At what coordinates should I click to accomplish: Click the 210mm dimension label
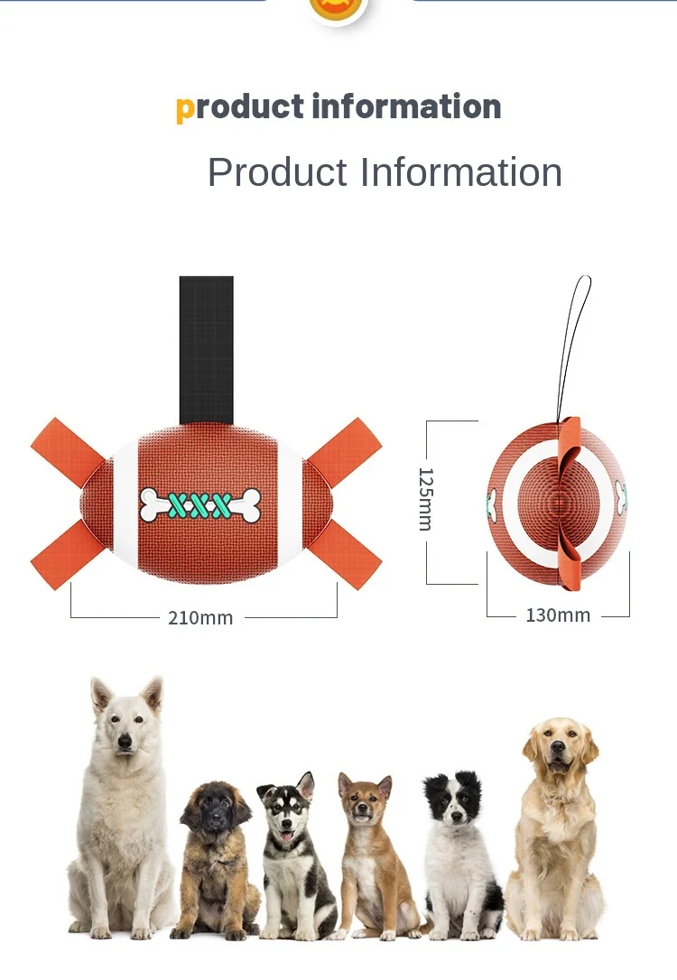(200, 618)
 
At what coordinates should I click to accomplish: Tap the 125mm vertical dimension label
(425, 498)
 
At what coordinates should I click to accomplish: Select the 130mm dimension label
(558, 615)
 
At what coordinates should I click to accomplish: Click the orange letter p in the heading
(185, 108)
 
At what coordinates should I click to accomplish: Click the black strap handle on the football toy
(206, 348)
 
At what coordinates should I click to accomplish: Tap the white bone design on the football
(200, 504)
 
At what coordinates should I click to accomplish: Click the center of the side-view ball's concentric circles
(558, 502)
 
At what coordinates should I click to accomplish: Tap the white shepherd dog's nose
(125, 742)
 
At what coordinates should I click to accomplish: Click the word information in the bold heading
(406, 107)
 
